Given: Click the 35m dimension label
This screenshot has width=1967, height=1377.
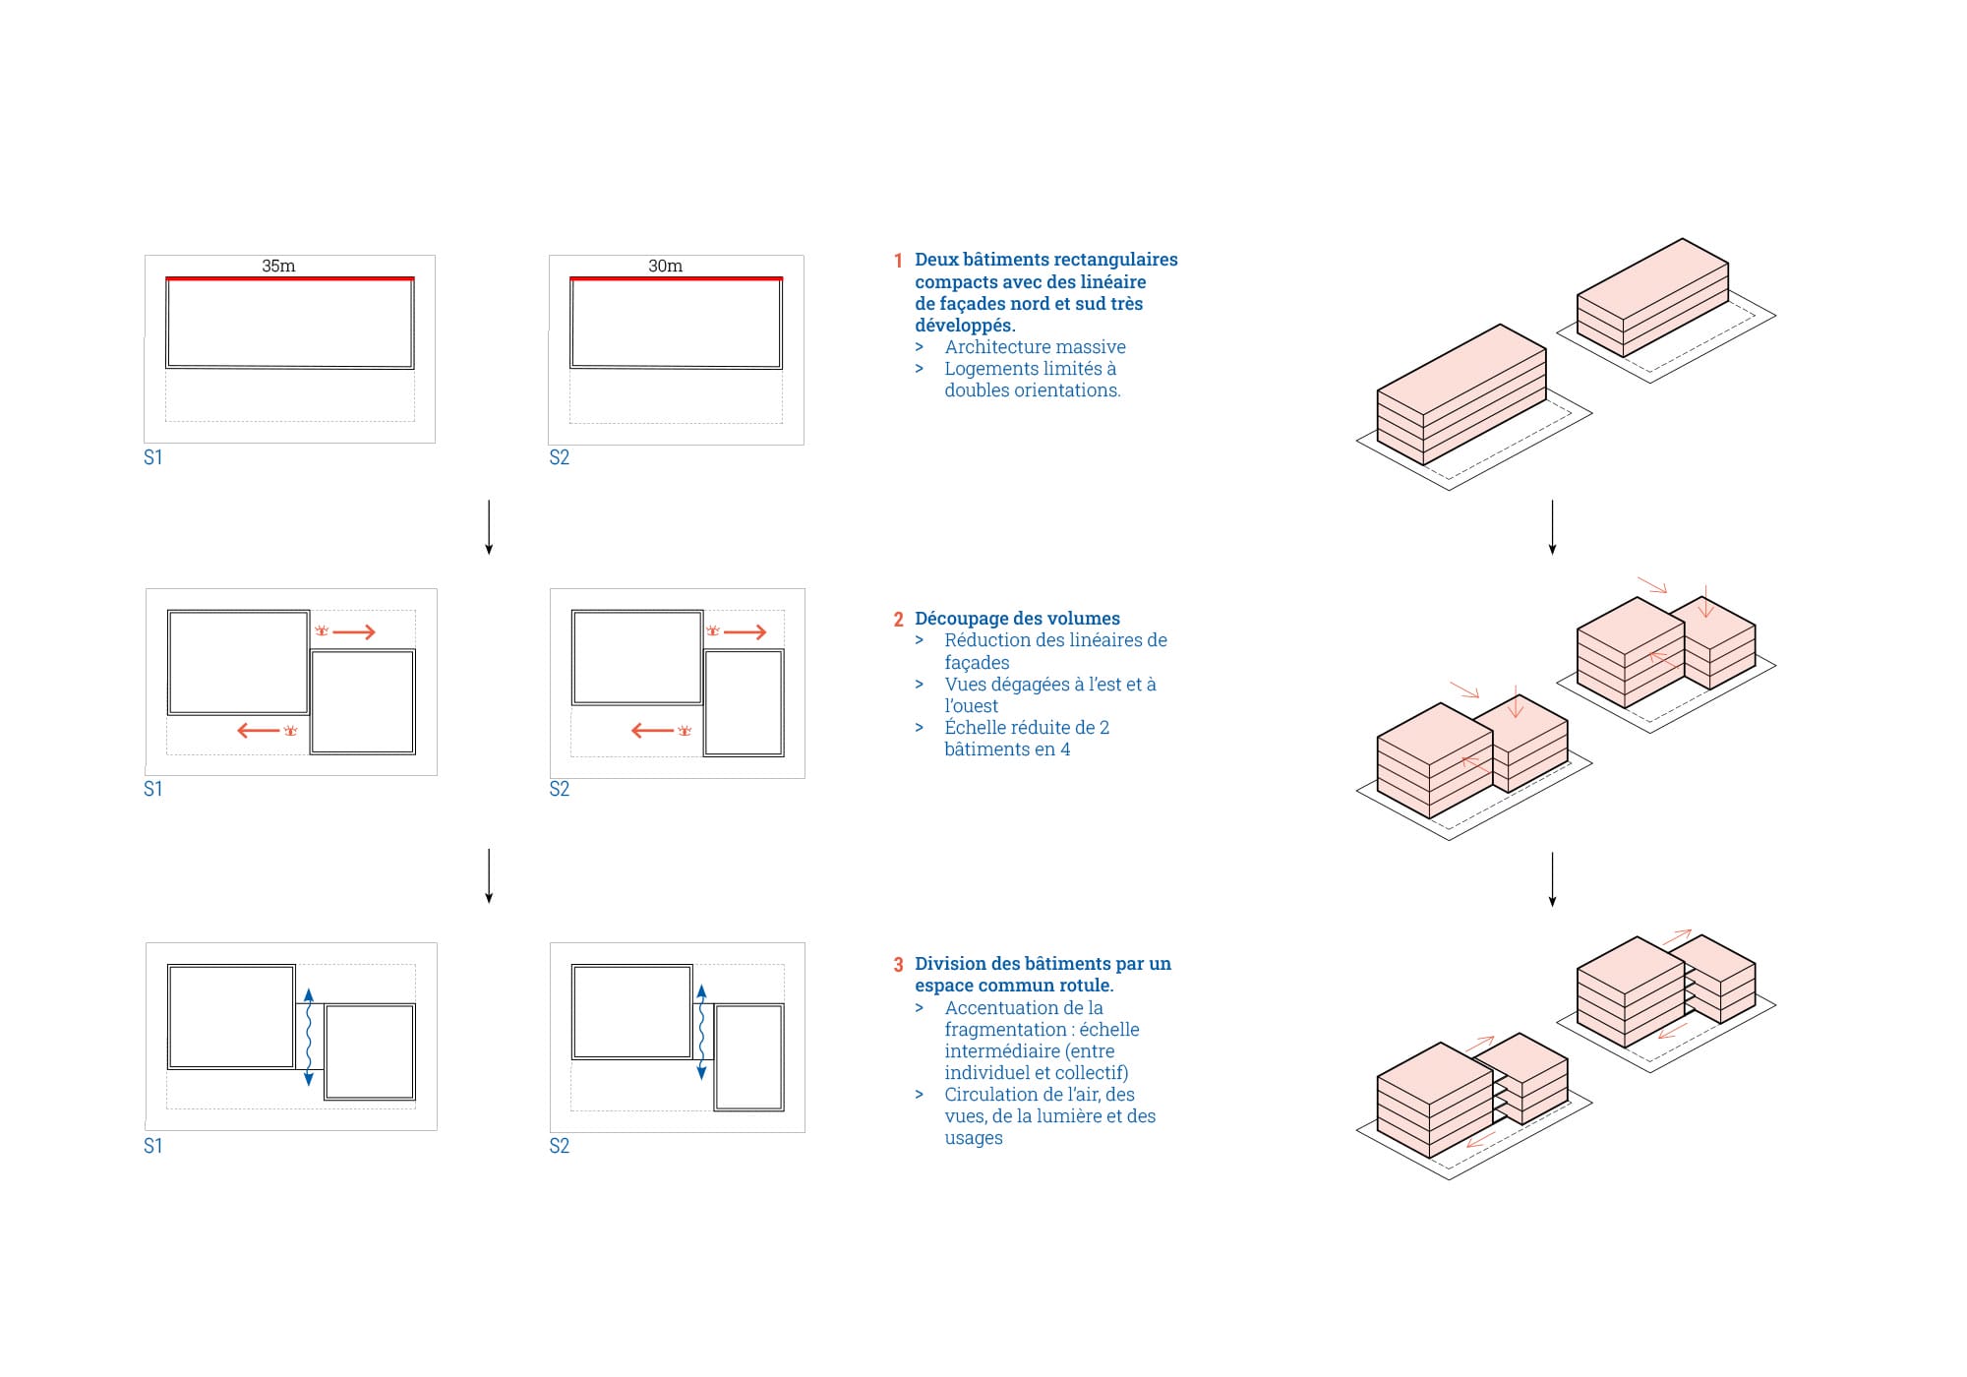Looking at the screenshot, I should pos(278,266).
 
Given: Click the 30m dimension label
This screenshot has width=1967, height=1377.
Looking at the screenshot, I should pos(665,266).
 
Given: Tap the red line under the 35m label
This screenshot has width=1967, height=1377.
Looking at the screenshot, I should pos(289,278).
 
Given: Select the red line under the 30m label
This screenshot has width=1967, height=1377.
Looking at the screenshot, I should pos(676,278).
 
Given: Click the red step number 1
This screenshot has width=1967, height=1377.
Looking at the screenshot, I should pos(898,261).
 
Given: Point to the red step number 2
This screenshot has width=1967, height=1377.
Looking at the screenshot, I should pos(898,620).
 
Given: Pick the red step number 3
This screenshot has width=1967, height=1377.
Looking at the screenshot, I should pos(898,965).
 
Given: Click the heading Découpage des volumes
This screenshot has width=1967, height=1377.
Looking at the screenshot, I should pos(1017,619).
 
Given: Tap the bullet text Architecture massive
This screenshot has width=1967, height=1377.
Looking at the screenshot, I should pos(1035,347).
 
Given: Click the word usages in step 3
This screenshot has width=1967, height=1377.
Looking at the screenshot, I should pos(974,1138).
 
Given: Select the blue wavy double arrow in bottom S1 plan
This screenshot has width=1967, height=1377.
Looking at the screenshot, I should pos(309,1037).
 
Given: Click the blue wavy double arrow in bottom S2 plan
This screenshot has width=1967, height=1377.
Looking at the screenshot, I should pos(701,1032).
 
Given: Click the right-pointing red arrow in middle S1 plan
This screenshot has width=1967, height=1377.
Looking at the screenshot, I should pos(354,631).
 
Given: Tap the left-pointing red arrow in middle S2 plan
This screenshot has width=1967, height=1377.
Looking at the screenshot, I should pos(652,731).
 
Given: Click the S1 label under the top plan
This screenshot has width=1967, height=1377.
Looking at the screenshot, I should pos(153,457).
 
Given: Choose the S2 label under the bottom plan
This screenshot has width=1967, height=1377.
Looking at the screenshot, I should pos(560,1146).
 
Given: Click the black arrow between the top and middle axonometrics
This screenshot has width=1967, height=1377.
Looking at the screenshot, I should pos(1552,527).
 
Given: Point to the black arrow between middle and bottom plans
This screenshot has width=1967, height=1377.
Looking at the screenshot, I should pos(489,875).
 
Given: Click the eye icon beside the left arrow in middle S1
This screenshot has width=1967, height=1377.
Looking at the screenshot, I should pos(290,731).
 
